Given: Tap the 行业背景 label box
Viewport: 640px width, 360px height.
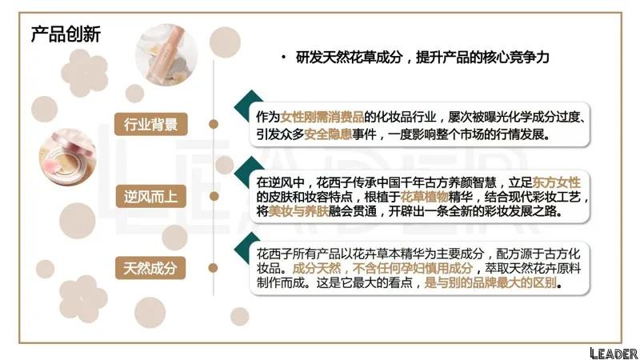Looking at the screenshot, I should click(151, 124).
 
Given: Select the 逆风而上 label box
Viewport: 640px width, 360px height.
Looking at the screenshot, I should click(151, 195).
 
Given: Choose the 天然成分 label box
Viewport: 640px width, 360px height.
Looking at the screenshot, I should click(151, 266).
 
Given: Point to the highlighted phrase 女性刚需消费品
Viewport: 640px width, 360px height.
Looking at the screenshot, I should click(319, 117).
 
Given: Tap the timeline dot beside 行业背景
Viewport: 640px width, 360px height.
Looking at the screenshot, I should click(213, 124).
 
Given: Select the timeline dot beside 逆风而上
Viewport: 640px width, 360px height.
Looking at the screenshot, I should click(213, 195).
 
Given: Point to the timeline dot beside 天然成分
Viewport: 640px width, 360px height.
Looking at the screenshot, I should click(213, 266).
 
